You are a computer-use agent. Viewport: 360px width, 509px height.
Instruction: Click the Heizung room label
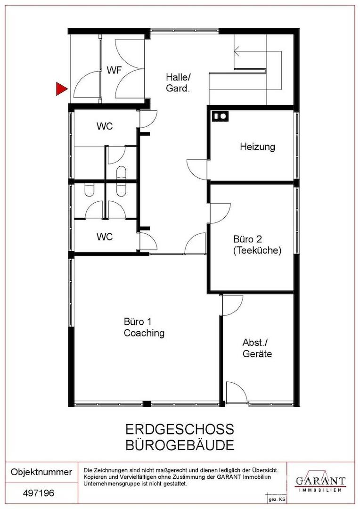coord(257,147)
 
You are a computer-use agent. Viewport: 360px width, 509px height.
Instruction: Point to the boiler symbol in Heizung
coord(220,115)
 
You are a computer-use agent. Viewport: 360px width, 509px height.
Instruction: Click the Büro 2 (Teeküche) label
coord(257,244)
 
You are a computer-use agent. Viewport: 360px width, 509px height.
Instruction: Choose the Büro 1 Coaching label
coord(144,328)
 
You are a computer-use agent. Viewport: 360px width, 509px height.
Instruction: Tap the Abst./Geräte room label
coord(257,348)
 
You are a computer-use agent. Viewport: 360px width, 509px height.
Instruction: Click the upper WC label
coord(105,127)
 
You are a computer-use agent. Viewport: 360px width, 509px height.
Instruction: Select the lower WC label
coord(105,237)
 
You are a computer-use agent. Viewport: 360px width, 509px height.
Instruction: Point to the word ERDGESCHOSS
coord(180,429)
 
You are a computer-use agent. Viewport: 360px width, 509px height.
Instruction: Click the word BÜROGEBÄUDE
coord(180,444)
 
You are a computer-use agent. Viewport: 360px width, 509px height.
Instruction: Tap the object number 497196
coord(39,494)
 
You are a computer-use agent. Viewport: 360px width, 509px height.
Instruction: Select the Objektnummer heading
coord(41,472)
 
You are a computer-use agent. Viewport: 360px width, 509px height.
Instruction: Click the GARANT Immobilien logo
coord(320,482)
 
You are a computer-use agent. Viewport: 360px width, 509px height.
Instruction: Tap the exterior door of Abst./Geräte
coord(235,392)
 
